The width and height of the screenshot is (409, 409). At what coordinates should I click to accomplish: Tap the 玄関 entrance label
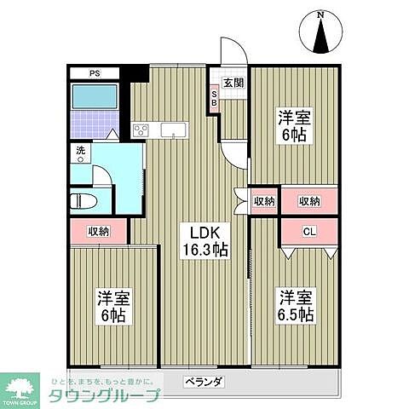[x=233, y=83]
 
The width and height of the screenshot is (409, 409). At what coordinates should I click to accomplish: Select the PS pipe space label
[x=95, y=73]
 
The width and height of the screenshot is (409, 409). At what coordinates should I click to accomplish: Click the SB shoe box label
[x=215, y=99]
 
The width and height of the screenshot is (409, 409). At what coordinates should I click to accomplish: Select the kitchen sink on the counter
[x=173, y=130]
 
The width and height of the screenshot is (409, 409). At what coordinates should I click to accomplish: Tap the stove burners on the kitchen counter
[x=141, y=130]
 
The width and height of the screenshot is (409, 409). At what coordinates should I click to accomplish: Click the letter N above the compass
[x=320, y=14]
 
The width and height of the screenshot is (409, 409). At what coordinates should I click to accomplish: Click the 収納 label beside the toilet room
[x=98, y=231]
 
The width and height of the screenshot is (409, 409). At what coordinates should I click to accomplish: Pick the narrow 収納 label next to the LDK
[x=264, y=201]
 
